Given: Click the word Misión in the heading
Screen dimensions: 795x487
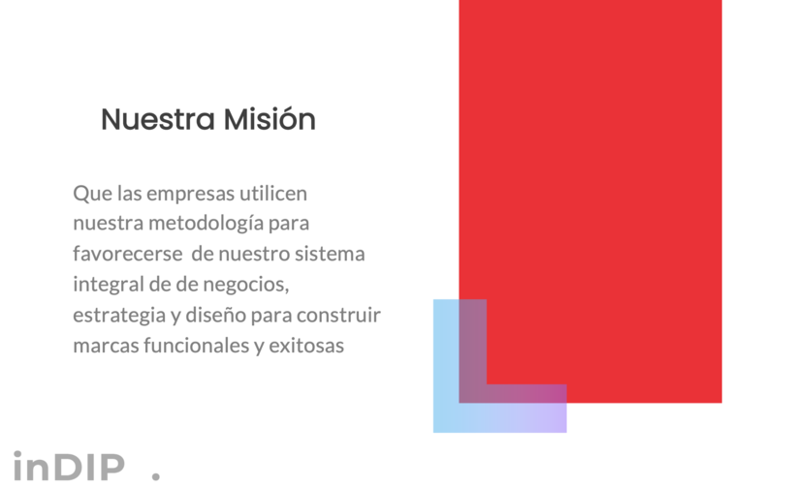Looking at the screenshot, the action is pos(270,119).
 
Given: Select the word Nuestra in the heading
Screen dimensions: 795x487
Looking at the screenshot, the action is pos(158,119).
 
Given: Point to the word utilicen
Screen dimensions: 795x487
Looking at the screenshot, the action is pos(273,193).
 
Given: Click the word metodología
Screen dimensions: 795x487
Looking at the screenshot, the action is pos(206,224).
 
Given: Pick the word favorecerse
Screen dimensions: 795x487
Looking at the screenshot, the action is pos(128,254).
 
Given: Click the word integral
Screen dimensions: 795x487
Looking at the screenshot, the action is pos(109,285).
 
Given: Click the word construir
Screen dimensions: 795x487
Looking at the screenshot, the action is pos(338,315).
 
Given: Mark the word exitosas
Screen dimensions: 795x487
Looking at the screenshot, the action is pos(306,346).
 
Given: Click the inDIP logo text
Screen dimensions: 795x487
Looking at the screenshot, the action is pos(69,466).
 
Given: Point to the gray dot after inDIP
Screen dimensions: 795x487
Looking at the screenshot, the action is pos(156,475).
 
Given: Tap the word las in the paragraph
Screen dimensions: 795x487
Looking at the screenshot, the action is pos(129,194).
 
